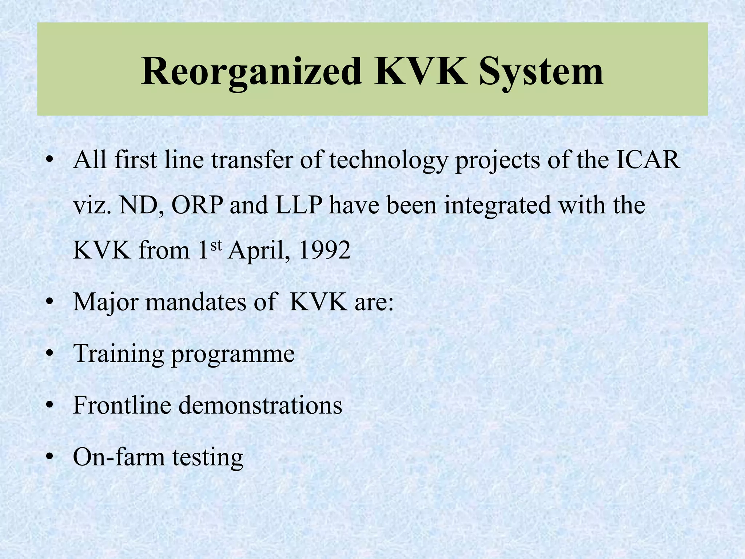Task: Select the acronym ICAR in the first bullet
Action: point(648,160)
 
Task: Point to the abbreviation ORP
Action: point(197,205)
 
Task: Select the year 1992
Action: point(324,251)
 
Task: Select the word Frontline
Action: point(122,405)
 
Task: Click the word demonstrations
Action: point(260,405)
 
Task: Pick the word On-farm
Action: point(119,457)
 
